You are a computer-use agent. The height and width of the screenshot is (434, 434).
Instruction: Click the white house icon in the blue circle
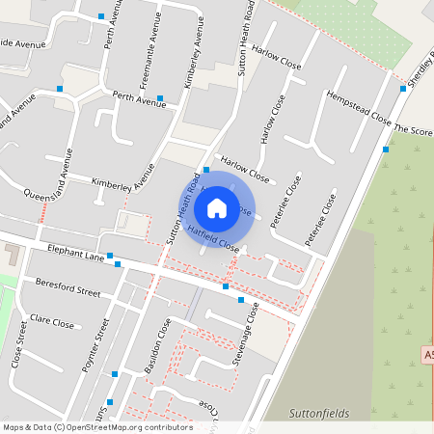coord(217,207)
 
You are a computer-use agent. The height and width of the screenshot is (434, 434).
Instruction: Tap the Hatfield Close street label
coord(213,237)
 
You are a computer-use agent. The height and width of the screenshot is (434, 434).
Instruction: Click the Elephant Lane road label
coord(75,254)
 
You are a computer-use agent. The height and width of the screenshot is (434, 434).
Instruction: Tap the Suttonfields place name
coord(317,413)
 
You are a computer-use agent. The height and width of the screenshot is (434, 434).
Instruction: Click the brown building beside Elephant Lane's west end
coord(13,257)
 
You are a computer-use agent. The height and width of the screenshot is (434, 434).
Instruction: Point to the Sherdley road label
coord(416,67)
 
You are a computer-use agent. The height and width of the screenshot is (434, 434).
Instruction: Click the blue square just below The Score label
coord(386,149)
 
